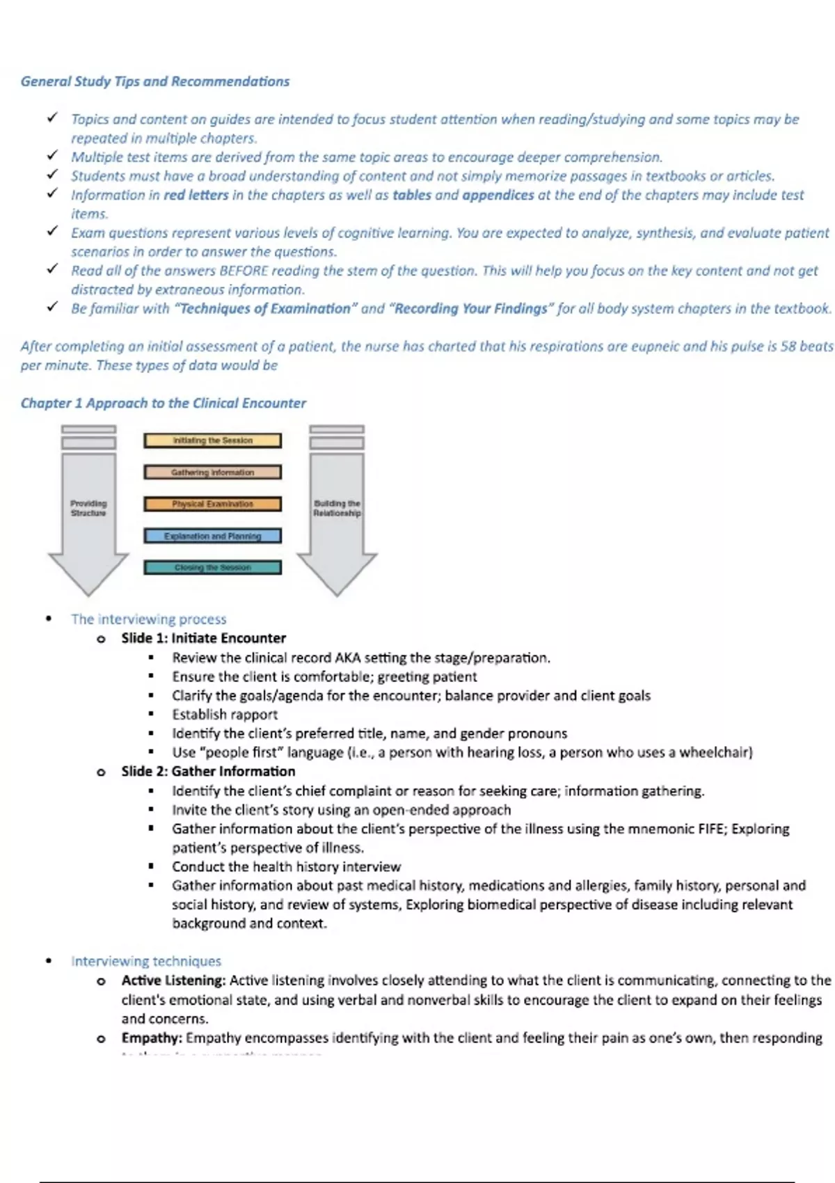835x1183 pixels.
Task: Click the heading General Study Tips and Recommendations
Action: [154, 81]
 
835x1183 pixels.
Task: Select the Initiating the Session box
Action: [212, 440]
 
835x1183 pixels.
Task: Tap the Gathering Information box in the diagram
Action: [212, 473]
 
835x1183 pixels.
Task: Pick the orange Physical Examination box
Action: [212, 504]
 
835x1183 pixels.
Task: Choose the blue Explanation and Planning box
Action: [212, 536]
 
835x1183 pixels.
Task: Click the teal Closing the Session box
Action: [212, 568]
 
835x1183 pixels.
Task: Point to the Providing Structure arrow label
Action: [88, 508]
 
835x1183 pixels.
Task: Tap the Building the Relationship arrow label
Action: [337, 508]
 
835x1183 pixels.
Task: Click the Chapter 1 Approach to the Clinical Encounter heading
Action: [163, 403]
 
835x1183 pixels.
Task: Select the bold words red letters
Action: [196, 195]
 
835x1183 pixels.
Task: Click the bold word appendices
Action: [498, 195]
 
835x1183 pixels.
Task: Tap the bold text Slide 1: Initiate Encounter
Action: [203, 638]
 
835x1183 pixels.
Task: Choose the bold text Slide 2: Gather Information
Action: [208, 771]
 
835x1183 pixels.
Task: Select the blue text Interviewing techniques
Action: [146, 961]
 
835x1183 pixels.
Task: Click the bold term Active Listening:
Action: [173, 980]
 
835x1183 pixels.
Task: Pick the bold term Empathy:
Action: [152, 1038]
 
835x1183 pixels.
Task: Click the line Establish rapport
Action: [225, 714]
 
